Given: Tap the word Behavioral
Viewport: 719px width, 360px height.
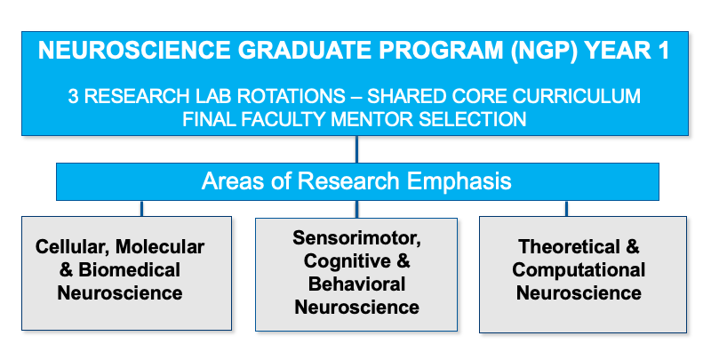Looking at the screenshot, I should point(356,284).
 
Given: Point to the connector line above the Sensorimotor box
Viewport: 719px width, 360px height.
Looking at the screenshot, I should point(356,208).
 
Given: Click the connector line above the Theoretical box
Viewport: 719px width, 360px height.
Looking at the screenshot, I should point(566,208).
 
